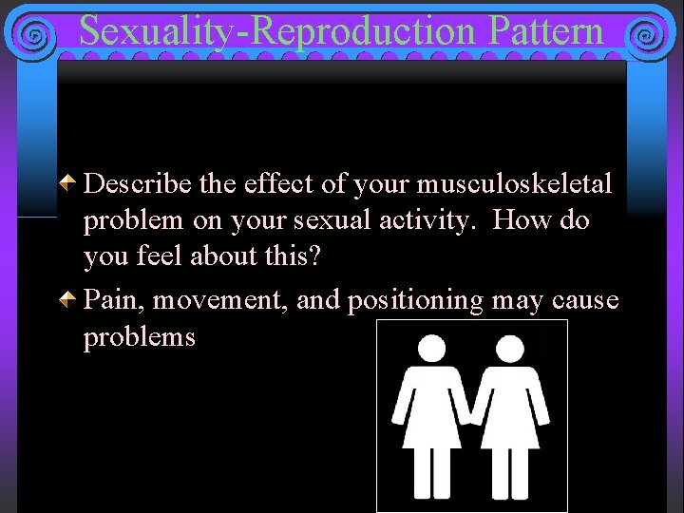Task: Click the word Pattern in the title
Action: click(547, 30)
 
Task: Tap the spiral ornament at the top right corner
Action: click(647, 36)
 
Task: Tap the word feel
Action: click(156, 256)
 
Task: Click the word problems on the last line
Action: click(139, 338)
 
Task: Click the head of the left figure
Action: click(432, 348)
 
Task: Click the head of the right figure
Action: click(513, 348)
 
